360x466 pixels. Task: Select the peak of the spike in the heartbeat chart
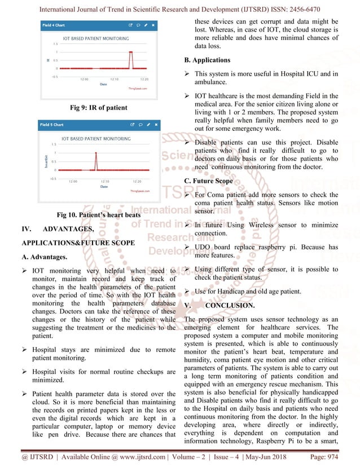coord(95,153)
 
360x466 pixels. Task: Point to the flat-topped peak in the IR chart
coord(130,51)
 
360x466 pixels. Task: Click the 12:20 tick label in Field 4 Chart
coord(144,80)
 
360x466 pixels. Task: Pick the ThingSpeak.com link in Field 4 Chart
coord(137,89)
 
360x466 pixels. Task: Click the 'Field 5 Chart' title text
coord(54,124)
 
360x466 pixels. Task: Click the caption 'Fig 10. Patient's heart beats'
coord(98,215)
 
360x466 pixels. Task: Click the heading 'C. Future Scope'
coord(209,182)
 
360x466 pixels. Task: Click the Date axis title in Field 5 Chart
coord(104,186)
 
